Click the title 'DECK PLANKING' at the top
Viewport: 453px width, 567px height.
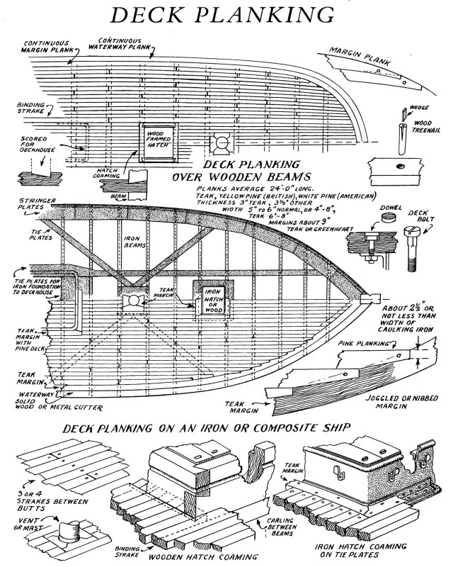226,16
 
